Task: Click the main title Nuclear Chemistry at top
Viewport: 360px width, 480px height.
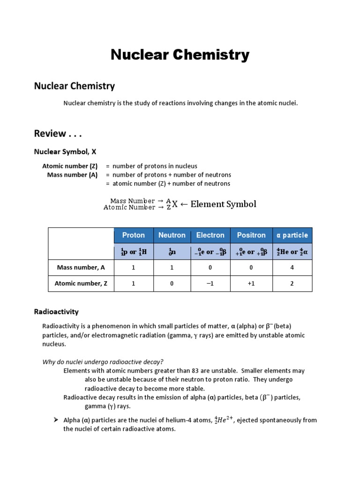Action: point(180,55)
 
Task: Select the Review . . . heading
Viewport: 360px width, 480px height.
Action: point(58,134)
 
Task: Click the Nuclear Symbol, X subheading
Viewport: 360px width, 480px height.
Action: point(65,151)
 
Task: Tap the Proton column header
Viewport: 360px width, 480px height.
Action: point(134,235)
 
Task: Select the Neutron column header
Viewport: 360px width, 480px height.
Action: point(172,235)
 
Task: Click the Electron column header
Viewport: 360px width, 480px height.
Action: point(210,235)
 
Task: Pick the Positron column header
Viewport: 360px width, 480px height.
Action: point(251,235)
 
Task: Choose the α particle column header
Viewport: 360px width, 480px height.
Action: point(292,235)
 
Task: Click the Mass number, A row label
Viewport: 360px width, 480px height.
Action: point(81,268)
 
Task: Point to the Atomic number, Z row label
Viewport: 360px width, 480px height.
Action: point(81,284)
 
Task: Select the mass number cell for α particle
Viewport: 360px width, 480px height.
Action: point(292,268)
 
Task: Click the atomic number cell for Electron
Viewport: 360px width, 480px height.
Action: point(210,284)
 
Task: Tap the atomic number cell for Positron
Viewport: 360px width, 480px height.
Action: point(251,284)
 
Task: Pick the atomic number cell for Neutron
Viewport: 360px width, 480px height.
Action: point(172,284)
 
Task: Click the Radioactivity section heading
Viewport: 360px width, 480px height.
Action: point(56,312)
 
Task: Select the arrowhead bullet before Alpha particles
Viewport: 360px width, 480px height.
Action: point(55,420)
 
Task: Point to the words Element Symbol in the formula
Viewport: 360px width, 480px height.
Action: point(224,204)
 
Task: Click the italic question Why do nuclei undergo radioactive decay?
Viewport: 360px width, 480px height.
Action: point(103,361)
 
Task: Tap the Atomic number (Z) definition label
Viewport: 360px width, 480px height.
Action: point(70,166)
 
